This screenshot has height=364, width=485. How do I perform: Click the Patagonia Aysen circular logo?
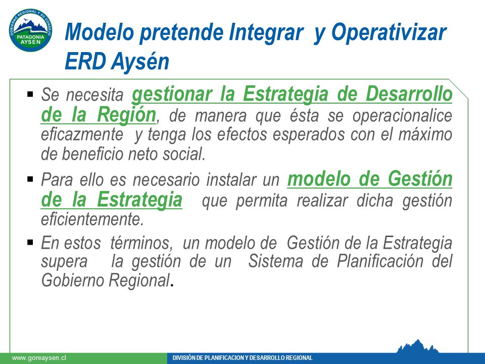tap(30, 30)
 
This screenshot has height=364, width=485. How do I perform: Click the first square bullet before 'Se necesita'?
tap(30, 94)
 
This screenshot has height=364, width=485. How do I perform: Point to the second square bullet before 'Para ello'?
tap(30, 179)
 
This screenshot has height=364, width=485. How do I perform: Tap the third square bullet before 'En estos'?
tap(30, 242)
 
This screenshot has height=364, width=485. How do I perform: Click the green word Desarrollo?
tap(409, 94)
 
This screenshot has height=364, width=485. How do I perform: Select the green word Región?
tap(126, 115)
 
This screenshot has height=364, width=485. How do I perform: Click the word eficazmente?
tap(82, 134)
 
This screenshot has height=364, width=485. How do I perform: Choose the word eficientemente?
tap(92, 219)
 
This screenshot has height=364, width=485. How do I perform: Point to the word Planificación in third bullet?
tap(380, 261)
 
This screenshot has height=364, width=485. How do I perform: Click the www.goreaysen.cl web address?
tap(39, 358)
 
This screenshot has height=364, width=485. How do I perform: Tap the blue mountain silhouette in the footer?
tap(418, 347)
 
